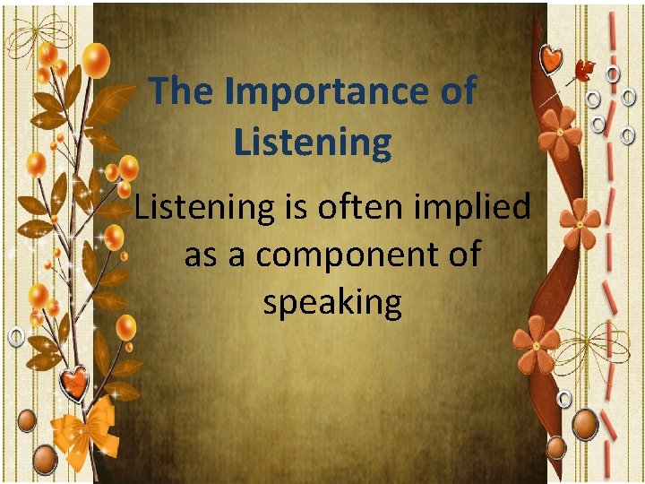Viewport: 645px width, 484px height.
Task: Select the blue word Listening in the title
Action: click(x=313, y=143)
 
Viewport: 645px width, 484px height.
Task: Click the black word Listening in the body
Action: click(x=202, y=208)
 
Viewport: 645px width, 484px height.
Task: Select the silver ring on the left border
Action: click(x=16, y=336)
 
